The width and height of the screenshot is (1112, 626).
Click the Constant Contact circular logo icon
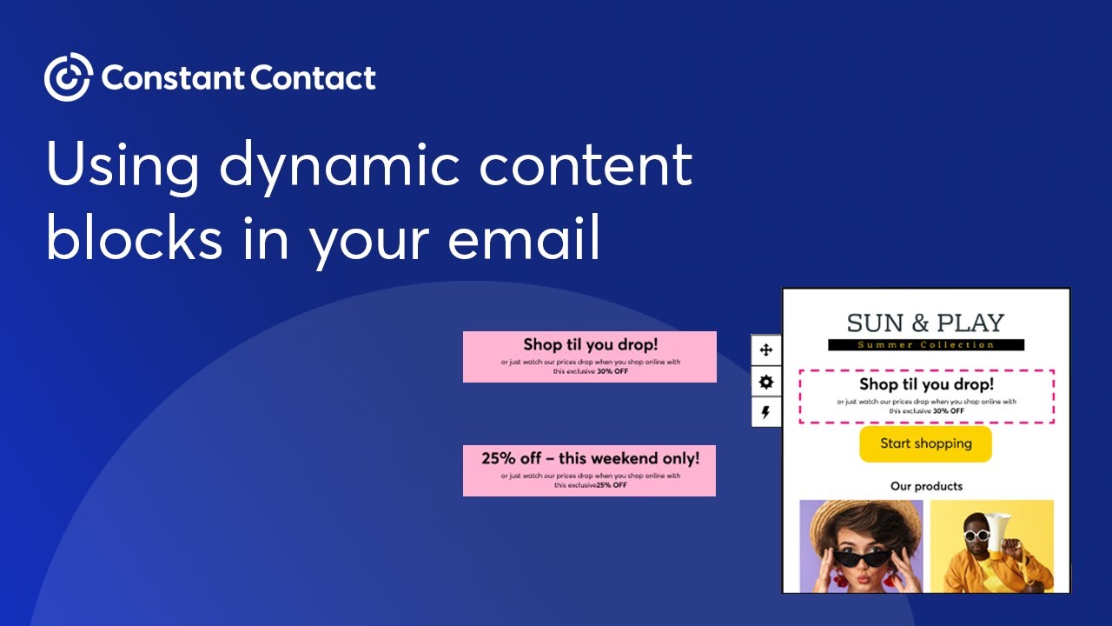coord(68,77)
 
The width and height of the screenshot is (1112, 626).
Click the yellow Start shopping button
coord(925,443)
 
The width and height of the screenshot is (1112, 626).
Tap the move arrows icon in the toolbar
coord(766,350)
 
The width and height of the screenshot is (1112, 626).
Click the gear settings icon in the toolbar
coord(766,382)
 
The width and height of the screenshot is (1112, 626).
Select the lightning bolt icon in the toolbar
coord(766,412)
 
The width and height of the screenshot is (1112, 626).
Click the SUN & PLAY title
coord(925,323)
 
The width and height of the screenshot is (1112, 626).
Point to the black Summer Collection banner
coord(925,345)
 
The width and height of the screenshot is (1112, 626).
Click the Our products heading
coord(926,486)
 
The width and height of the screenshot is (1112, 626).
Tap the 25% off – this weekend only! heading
coord(590,457)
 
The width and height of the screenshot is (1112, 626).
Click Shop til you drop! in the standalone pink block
coord(590,345)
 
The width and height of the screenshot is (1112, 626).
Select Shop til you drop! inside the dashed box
coord(926,383)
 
